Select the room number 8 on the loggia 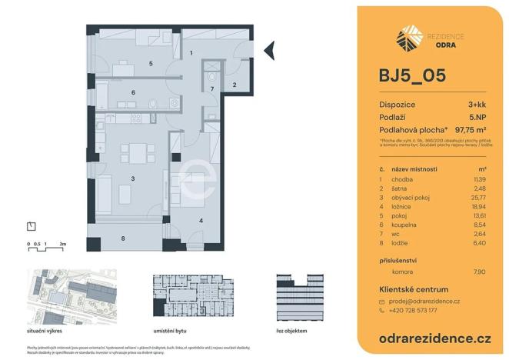pyautogui.click(x=123, y=238)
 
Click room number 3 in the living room pyautogui.click(x=133, y=178)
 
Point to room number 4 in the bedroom pyautogui.click(x=201, y=221)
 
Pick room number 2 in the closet pyautogui.click(x=234, y=85)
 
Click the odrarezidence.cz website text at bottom pyautogui.click(x=435, y=338)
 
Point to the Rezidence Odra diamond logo pyautogui.click(x=408, y=37)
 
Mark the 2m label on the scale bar pyautogui.click(x=63, y=243)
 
